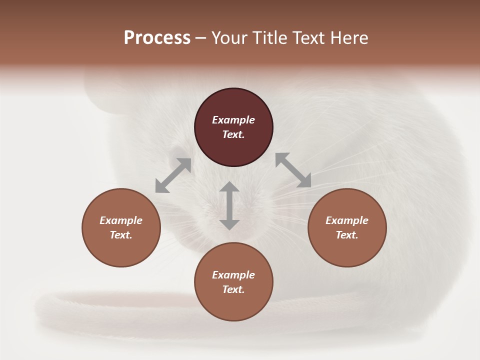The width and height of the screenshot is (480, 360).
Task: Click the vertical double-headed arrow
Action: click(229, 205)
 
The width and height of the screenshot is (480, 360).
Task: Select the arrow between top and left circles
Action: click(173, 175)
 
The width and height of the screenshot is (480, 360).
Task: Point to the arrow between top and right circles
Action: click(293, 170)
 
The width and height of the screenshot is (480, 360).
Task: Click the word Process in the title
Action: click(157, 38)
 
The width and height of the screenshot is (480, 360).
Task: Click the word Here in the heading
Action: click(348, 38)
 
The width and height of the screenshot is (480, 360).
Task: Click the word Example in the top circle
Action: click(233, 120)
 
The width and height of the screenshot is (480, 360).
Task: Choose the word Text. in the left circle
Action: click(121, 235)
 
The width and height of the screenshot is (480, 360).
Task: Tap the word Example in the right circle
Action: click(347, 220)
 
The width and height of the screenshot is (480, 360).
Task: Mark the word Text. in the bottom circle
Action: click(233, 289)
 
